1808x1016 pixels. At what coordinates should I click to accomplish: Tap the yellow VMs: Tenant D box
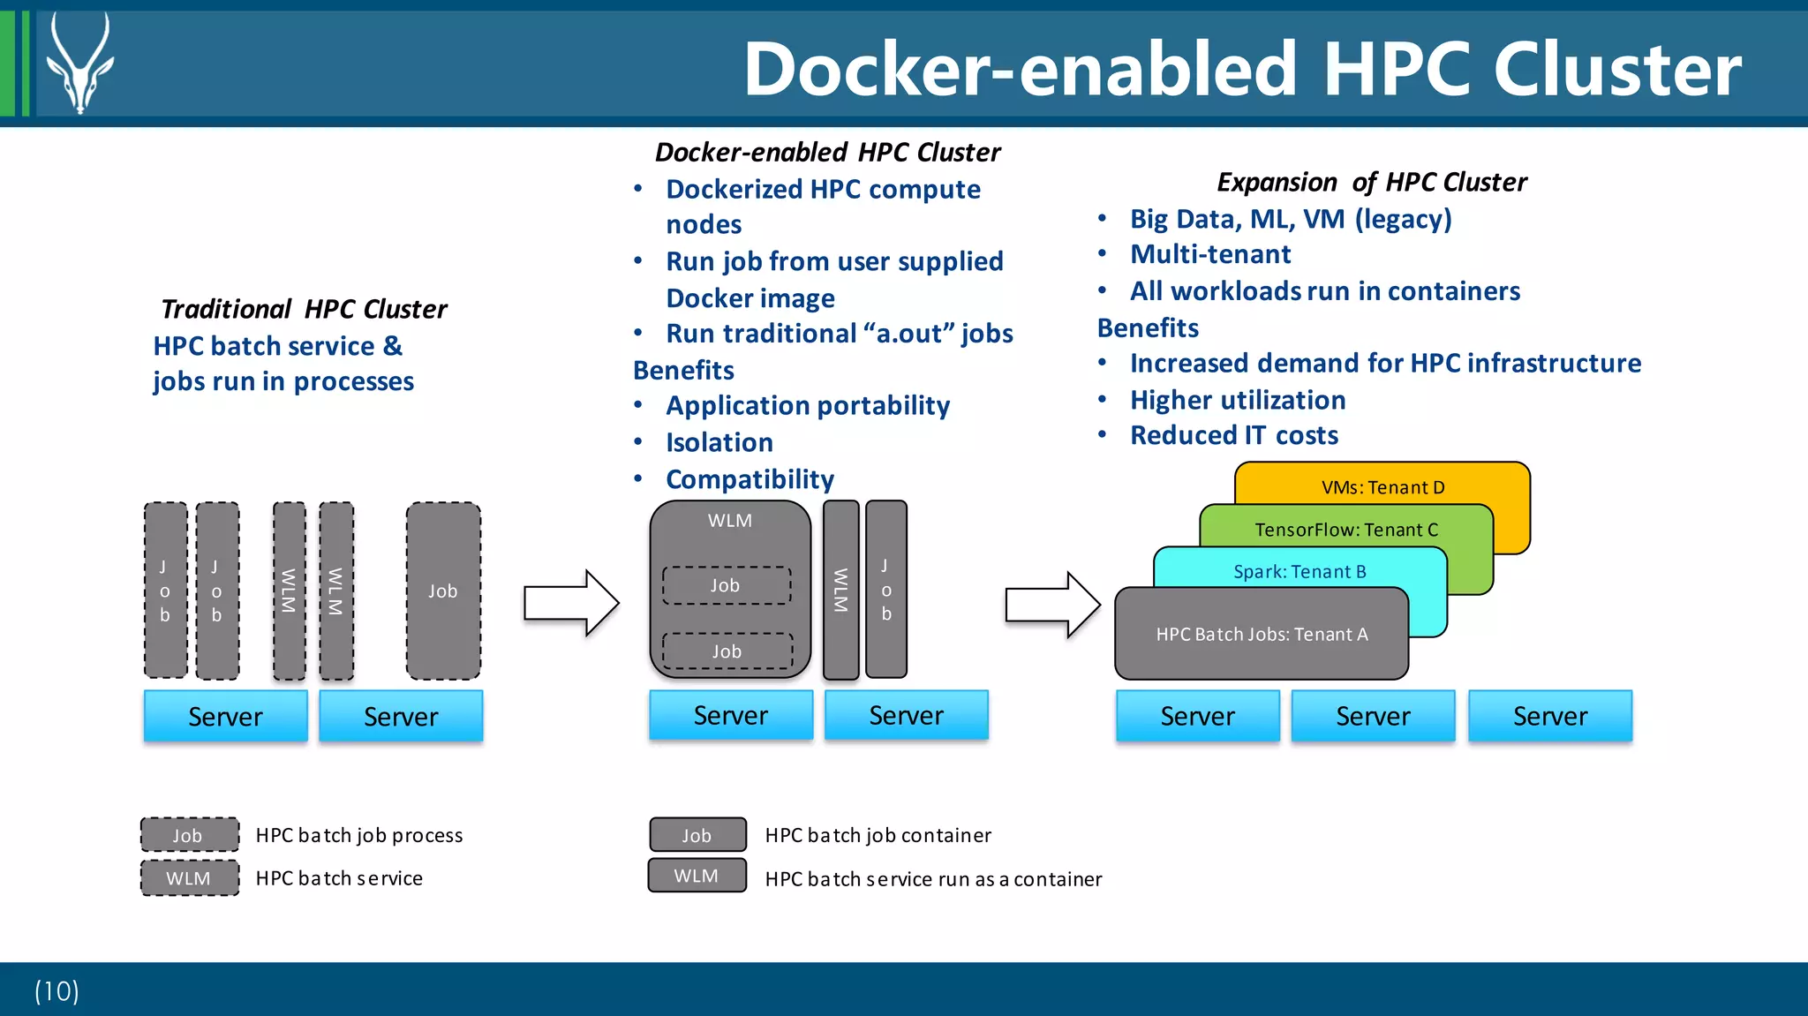(1382, 486)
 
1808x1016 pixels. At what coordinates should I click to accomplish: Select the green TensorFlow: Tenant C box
(1345, 529)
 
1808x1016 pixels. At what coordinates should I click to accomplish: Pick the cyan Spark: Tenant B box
(1299, 571)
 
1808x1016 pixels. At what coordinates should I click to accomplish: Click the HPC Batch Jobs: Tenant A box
(1262, 634)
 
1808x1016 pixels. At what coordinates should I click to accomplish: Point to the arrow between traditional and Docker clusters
(570, 604)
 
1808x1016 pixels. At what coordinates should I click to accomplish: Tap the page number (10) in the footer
(56, 990)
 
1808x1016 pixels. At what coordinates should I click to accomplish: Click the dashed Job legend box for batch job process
(189, 834)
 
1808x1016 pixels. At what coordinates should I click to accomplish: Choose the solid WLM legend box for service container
(697, 876)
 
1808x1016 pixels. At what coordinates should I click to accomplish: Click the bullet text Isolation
(719, 442)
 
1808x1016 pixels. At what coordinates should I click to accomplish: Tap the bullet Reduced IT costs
(1233, 435)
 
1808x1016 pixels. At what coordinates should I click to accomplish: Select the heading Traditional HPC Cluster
(304, 309)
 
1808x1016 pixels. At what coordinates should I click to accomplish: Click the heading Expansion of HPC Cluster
(1371, 182)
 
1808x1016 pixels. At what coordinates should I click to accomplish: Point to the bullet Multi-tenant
(1209, 254)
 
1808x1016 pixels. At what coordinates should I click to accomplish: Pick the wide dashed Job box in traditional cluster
(443, 591)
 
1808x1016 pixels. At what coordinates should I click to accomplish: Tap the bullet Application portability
(807, 405)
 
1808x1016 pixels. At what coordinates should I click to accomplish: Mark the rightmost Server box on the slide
(1549, 716)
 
